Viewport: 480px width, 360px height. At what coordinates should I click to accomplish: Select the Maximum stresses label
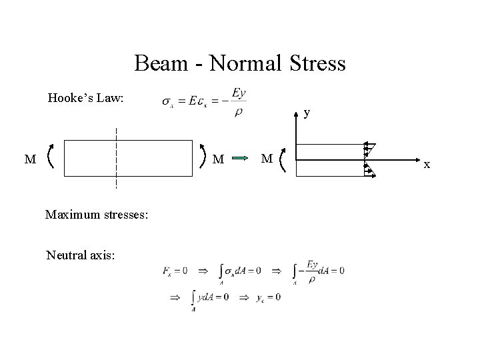point(95,215)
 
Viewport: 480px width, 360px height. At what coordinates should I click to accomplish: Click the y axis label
point(306,113)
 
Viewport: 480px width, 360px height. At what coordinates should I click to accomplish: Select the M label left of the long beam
point(29,159)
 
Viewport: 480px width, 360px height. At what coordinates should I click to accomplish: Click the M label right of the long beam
point(218,159)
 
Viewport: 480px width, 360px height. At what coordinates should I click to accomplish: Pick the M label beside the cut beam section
point(267,159)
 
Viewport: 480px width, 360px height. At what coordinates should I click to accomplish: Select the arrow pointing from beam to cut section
point(241,159)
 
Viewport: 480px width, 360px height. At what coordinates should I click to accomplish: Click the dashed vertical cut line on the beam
point(117,157)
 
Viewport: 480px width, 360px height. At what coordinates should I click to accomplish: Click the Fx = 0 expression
point(175,271)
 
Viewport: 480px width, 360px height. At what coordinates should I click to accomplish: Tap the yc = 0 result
point(268,297)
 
